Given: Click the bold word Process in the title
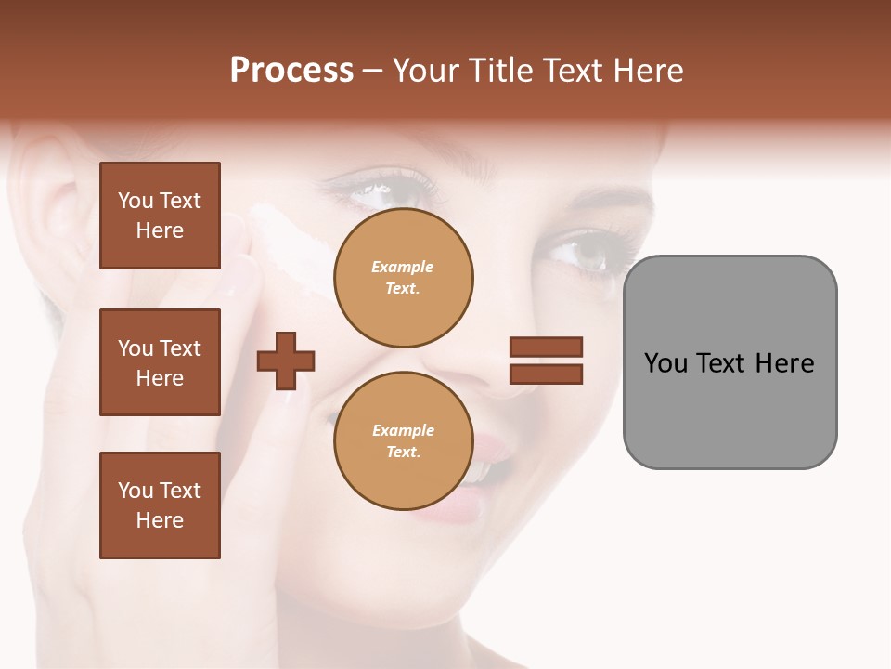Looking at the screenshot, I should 291,71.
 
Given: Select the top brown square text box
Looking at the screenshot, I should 160,216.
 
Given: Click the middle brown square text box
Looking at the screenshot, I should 160,362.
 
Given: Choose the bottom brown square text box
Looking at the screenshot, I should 160,505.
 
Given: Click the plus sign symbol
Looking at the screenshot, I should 286,361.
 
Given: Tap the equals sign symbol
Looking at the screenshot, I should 546,361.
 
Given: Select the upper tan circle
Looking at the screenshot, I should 403,278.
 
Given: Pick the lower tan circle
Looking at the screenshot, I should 403,441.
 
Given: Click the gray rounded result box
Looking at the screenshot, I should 730,361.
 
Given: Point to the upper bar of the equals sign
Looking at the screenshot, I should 546,348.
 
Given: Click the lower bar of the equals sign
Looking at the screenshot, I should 546,374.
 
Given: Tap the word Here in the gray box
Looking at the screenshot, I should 784,363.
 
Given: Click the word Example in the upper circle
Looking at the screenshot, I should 403,267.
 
